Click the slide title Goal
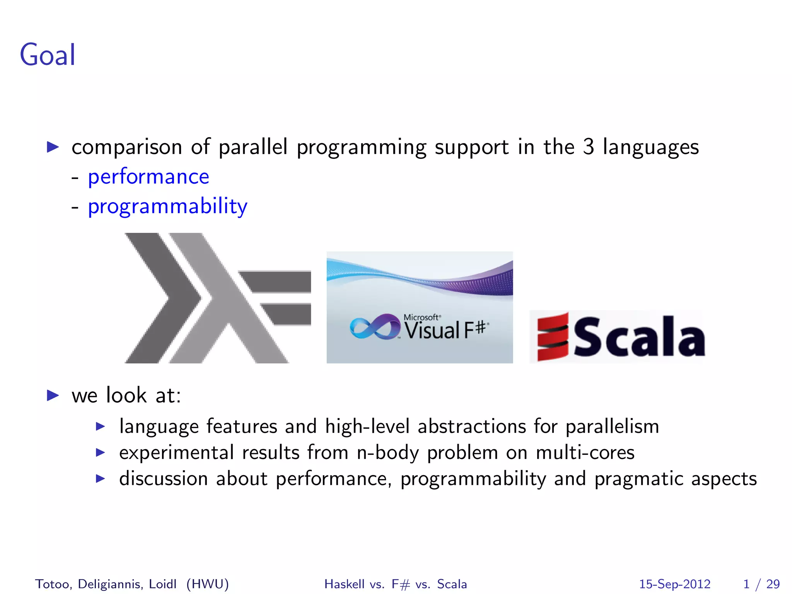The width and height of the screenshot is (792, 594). coord(48,55)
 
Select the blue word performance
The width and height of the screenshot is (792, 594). coord(148,177)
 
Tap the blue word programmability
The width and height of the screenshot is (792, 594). coord(167,207)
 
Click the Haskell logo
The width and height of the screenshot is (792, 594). coord(217,298)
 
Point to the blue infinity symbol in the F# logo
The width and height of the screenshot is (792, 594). coord(374,327)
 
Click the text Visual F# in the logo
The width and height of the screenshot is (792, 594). coord(445,330)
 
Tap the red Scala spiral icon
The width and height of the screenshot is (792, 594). coord(553,336)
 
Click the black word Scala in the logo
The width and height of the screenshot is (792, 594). coord(639,336)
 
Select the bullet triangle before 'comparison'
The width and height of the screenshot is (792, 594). coord(53,147)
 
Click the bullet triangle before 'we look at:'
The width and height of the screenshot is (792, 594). coord(53,395)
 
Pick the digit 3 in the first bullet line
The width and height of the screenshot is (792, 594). coord(588,147)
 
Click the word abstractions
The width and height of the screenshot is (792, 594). coord(472,426)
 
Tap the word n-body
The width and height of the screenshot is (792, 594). coord(387,452)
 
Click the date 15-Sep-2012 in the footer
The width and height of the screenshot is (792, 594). coord(674,584)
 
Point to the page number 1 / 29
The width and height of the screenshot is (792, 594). coord(761,584)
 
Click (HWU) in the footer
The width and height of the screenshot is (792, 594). coord(207,584)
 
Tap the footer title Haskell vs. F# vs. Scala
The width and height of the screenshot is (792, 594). coord(396,584)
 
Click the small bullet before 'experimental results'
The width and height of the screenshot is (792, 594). coord(100,452)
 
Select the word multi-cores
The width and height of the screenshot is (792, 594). coord(585,452)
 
